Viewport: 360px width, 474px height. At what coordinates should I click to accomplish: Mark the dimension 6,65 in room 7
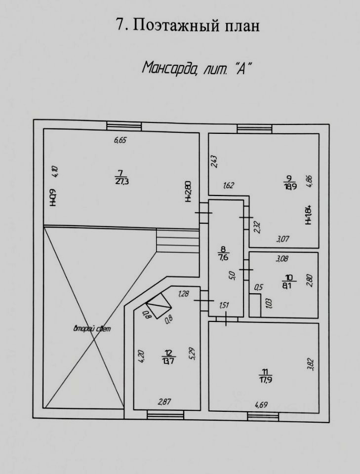[120, 140]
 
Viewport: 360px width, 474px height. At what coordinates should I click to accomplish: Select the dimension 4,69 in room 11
[262, 405]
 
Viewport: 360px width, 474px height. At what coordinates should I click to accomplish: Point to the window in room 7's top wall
[123, 125]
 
